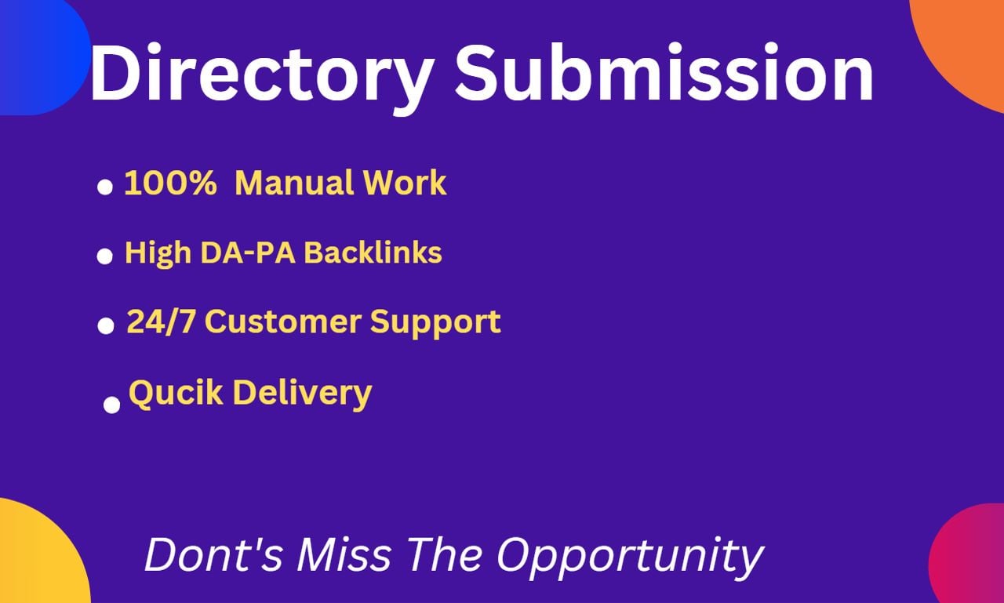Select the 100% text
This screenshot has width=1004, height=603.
click(x=170, y=183)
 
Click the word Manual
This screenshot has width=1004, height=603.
click(x=294, y=183)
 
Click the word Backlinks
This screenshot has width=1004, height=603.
click(x=373, y=252)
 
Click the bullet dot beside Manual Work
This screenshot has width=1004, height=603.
click(x=105, y=187)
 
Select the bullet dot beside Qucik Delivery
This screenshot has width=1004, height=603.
click(x=112, y=405)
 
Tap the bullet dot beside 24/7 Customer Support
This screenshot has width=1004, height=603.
click(x=106, y=326)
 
